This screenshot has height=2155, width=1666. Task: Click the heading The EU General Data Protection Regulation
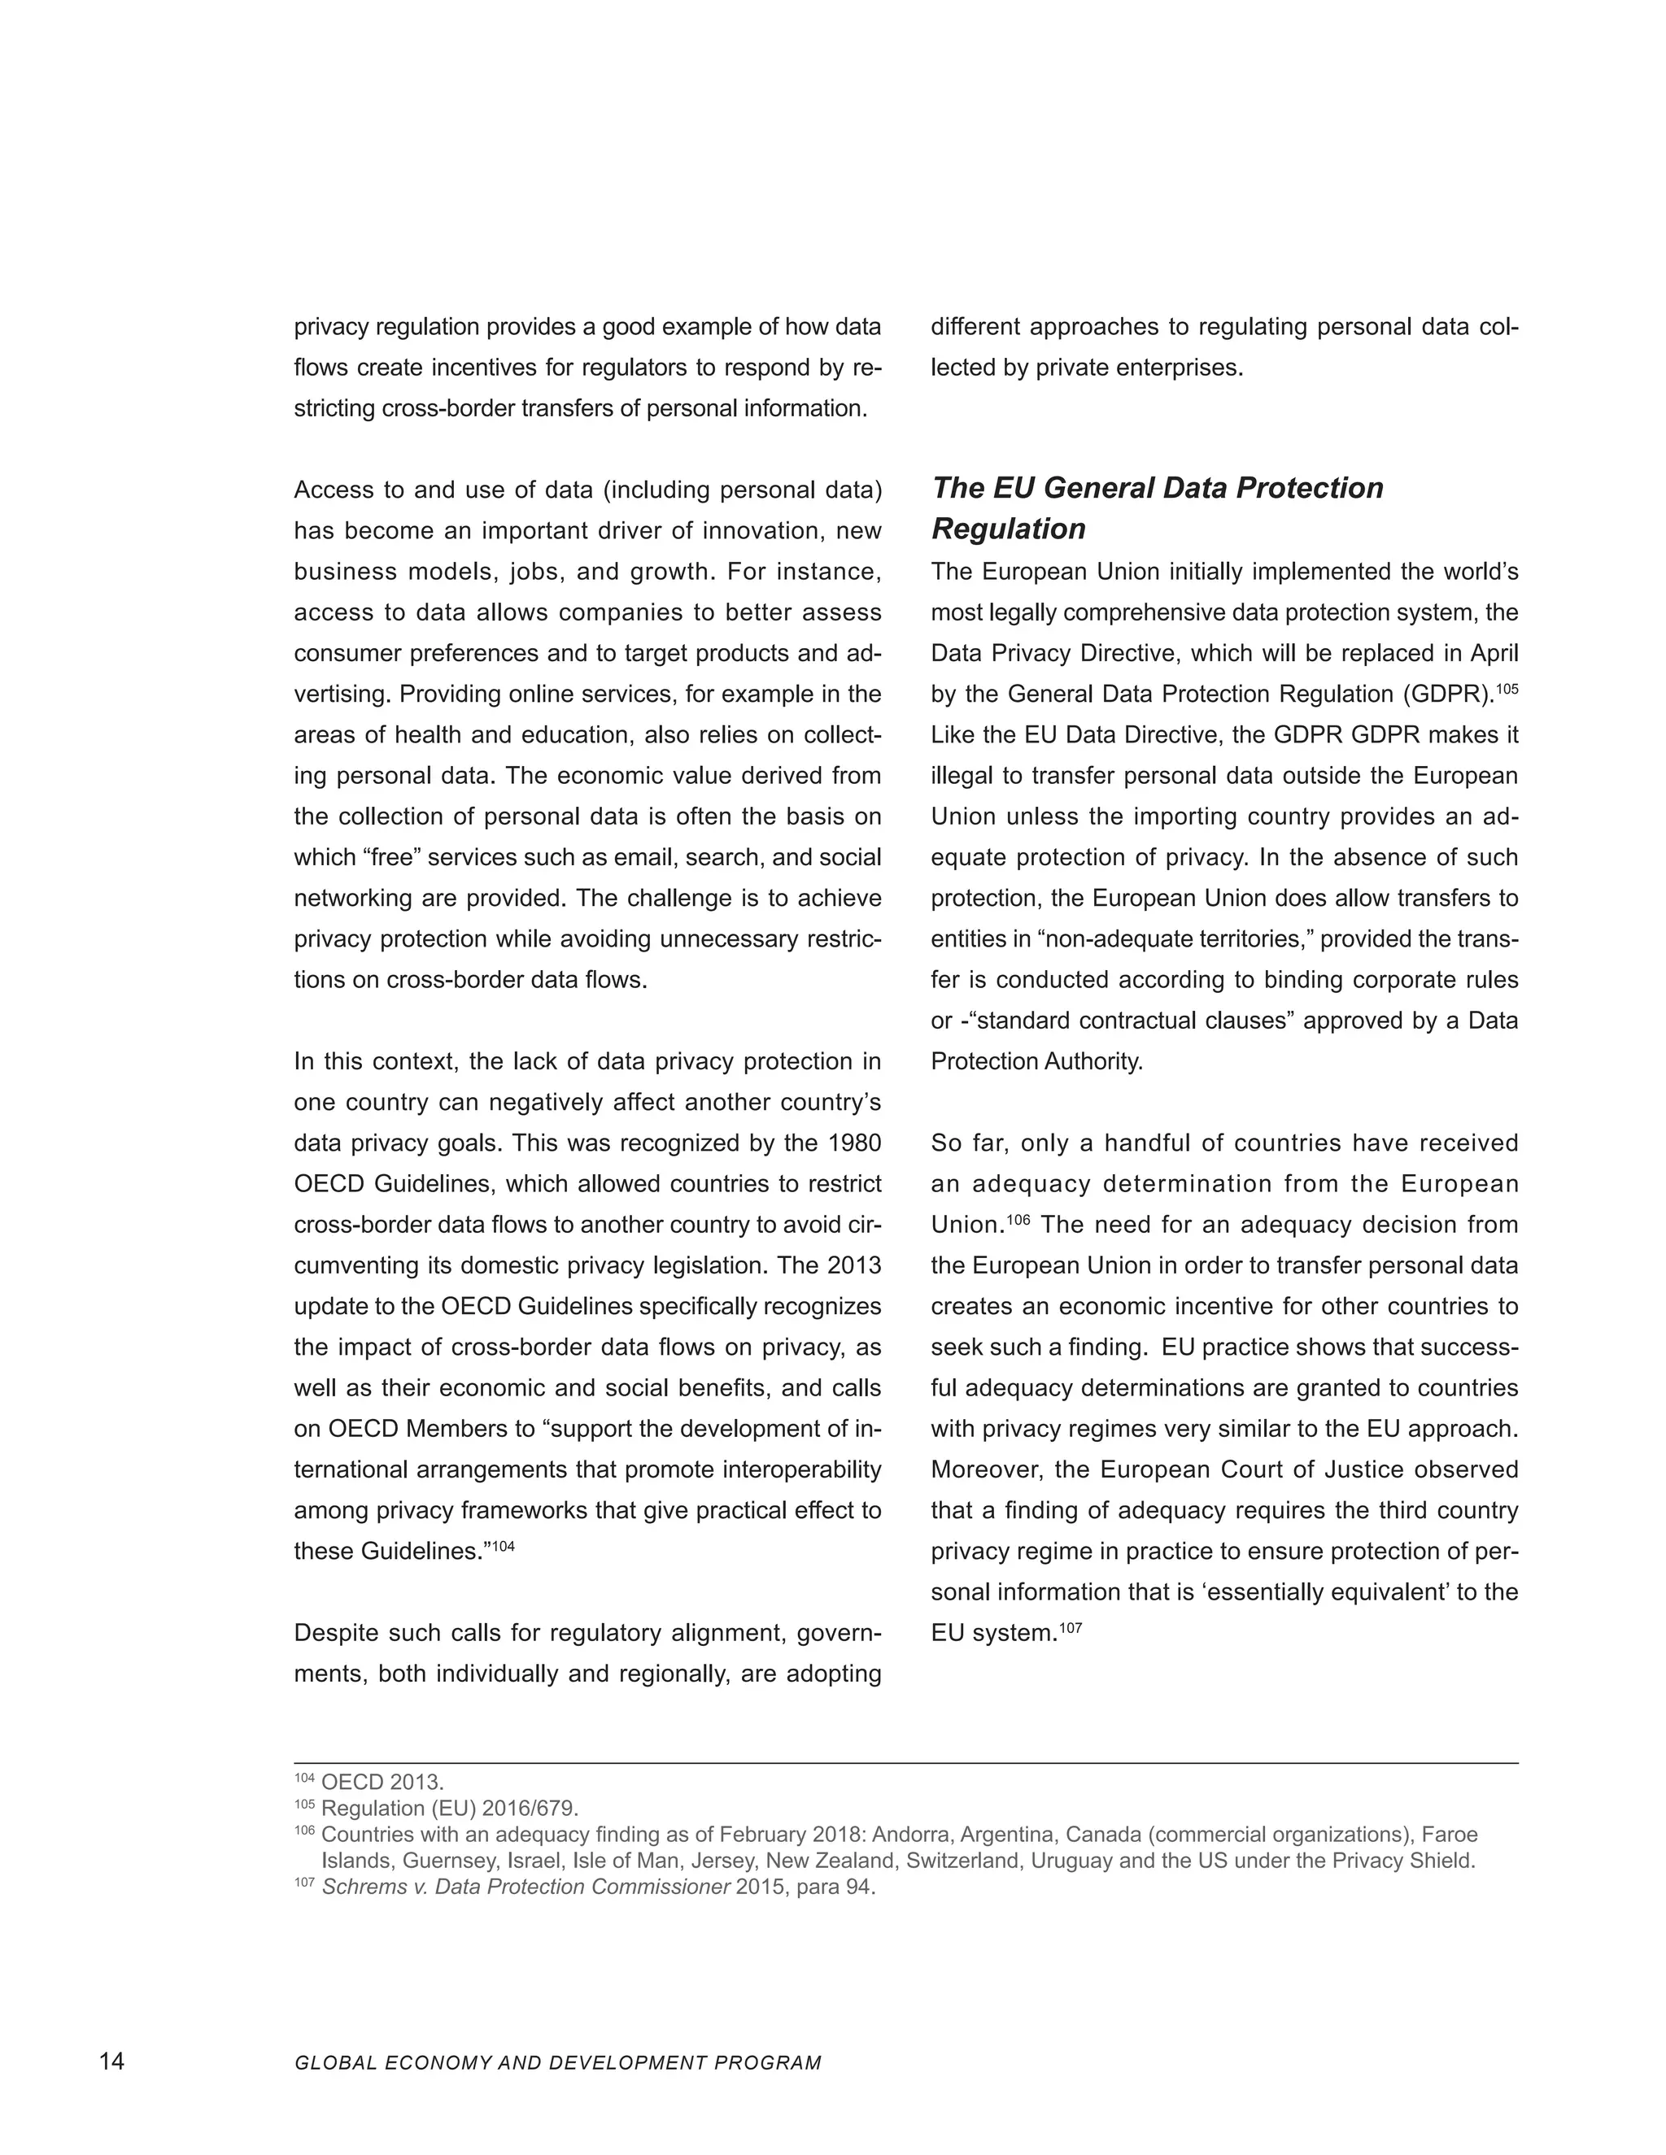[x=1157, y=508]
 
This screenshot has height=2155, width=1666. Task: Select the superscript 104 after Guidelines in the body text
[x=504, y=1545]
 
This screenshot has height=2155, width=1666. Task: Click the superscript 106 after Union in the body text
[x=1018, y=1220]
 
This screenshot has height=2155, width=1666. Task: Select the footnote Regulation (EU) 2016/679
[x=450, y=1809]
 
